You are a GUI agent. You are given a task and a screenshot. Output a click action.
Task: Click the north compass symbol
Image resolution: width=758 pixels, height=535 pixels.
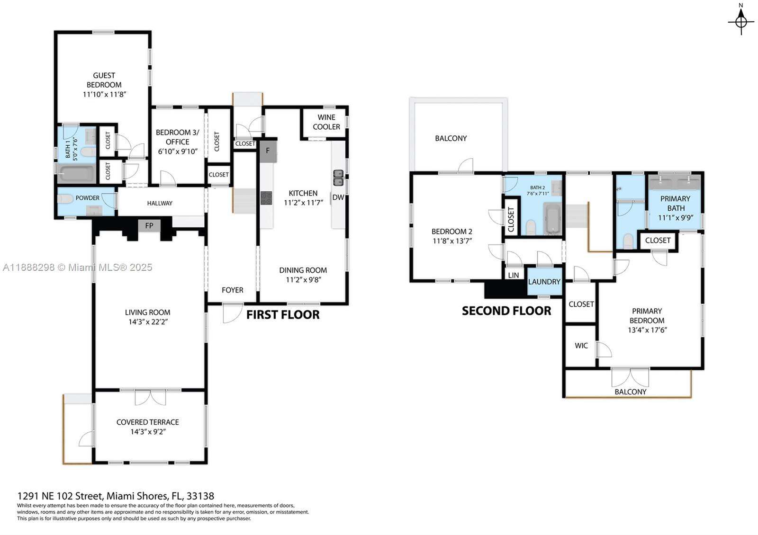(x=741, y=21)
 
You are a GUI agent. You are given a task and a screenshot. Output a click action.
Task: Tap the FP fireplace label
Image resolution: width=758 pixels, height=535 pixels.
(x=149, y=226)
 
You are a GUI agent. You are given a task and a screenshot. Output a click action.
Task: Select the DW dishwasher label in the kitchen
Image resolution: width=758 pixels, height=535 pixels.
(x=338, y=197)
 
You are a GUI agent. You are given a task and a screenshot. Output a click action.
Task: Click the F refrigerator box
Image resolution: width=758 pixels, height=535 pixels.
(x=268, y=151)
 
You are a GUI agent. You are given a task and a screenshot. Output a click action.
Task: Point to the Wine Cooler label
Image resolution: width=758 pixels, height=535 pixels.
(x=326, y=122)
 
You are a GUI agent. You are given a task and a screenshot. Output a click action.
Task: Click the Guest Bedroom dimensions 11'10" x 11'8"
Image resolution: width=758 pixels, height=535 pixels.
(x=104, y=94)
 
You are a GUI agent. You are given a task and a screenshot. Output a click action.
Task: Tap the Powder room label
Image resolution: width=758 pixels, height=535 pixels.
(x=88, y=198)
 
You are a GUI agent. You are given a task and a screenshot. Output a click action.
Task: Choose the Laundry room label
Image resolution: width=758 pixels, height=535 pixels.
(x=544, y=282)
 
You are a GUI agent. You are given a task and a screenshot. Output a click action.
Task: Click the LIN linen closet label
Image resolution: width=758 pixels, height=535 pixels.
(x=513, y=275)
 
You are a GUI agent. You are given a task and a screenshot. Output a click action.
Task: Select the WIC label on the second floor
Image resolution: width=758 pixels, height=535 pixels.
(x=581, y=346)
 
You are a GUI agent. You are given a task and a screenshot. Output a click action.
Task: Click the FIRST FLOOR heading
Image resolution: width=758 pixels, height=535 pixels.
(x=283, y=315)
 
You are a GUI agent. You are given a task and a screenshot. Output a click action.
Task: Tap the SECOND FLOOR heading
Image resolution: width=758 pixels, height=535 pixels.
(x=506, y=311)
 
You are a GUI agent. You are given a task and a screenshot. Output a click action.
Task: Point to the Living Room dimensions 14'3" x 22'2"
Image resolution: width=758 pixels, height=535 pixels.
(x=148, y=322)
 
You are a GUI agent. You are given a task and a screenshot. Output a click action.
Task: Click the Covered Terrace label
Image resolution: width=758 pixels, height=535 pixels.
(x=148, y=422)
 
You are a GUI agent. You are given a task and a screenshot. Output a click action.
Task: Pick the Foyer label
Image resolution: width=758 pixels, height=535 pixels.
(x=233, y=290)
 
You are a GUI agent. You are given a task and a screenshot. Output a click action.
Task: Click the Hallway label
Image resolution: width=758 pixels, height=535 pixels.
(x=160, y=203)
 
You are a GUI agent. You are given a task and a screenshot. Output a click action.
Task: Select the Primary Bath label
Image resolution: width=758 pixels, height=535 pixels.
(x=676, y=203)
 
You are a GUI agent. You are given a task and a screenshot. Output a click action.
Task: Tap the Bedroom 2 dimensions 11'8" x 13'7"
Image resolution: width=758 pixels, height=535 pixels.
(x=452, y=241)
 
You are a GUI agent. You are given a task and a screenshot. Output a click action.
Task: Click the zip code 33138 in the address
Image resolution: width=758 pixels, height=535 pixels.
(x=200, y=496)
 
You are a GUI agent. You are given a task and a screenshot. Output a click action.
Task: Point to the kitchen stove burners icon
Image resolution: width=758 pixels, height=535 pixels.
(x=266, y=198)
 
